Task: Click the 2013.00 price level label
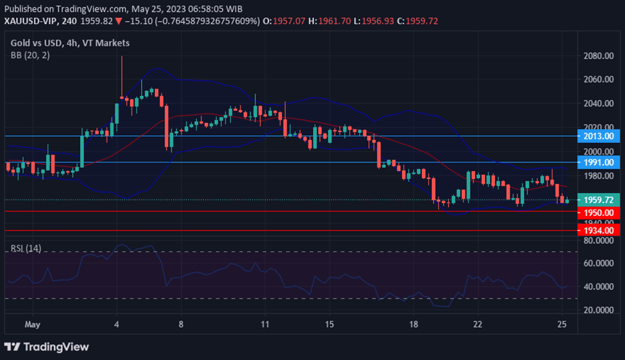tap(599, 136)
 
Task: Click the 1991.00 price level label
tap(599, 163)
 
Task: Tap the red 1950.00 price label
tap(599, 212)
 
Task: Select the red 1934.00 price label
tap(599, 230)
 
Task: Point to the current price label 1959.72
tap(599, 200)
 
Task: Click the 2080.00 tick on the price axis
tap(599, 56)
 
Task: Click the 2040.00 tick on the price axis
tap(599, 103)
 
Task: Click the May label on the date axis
tap(32, 324)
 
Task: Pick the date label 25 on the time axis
tap(562, 324)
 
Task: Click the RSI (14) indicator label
tap(26, 248)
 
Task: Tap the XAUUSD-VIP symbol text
tap(31, 21)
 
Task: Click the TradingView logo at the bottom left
tap(46, 347)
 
